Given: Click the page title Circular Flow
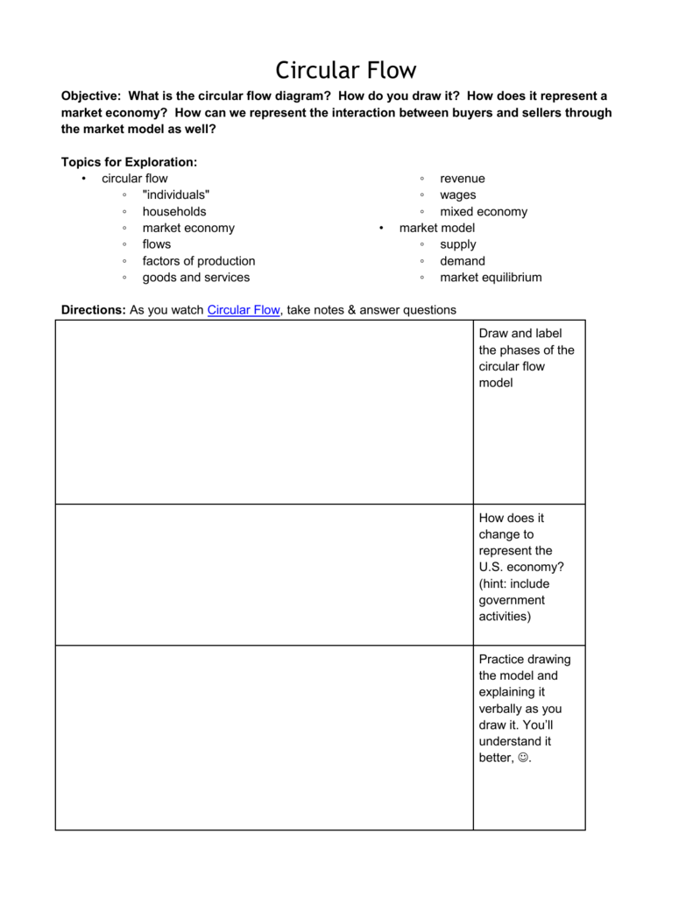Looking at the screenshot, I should [346, 70].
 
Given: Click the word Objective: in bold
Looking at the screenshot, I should [91, 95].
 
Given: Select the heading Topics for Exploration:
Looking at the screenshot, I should [129, 162].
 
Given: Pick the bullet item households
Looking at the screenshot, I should [174, 211].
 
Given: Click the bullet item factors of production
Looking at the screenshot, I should [199, 261].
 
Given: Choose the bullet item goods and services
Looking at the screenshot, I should [196, 278].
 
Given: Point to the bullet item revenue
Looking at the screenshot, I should [463, 179].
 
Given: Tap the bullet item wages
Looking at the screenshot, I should [459, 195].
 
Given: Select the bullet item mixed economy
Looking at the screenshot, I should [484, 211].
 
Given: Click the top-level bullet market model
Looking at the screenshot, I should [437, 228].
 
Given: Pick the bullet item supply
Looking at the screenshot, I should [458, 244].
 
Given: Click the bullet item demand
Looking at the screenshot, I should [463, 261].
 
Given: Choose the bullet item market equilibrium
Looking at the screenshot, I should [491, 278].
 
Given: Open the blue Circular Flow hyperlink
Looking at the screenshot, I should [244, 310].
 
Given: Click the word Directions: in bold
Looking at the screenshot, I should [93, 310].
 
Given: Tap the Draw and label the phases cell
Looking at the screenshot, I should [527, 358].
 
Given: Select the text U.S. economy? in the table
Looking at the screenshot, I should [521, 568].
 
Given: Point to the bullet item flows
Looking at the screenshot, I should [157, 244].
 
